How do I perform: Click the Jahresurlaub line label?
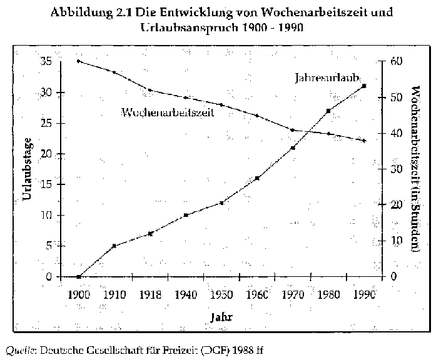(x=327, y=78)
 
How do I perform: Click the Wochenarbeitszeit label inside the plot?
(x=168, y=112)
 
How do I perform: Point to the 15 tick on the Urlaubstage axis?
(x=47, y=184)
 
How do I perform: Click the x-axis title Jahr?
(x=222, y=317)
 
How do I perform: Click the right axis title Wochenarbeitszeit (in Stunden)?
(x=416, y=169)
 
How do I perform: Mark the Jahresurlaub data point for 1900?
(x=79, y=276)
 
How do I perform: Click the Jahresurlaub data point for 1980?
(x=328, y=111)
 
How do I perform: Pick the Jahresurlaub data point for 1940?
(x=186, y=215)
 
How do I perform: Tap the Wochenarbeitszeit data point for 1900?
(x=79, y=61)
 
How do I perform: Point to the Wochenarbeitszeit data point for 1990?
(x=364, y=141)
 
